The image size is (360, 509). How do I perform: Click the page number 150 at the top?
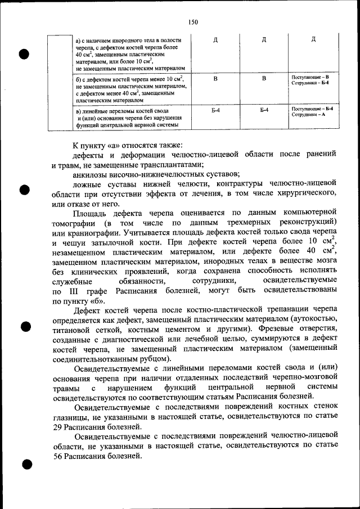[193, 22]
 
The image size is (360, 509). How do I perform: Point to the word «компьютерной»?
[308, 213]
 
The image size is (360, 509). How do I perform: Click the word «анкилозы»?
[92, 174]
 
